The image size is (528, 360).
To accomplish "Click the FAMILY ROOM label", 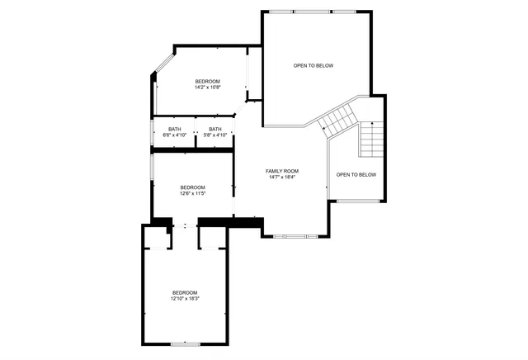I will click(281, 171).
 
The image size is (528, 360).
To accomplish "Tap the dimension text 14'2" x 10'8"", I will click(207, 87).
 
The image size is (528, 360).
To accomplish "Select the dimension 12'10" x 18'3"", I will click(185, 298).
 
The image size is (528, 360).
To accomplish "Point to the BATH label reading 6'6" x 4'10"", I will click(174, 130).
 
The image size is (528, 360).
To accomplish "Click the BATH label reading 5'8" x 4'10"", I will click(214, 130).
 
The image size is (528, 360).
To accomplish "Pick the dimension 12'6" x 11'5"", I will click(192, 193).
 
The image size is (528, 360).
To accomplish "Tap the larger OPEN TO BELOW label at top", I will click(313, 65).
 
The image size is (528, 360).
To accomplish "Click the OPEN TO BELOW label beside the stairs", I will click(356, 174).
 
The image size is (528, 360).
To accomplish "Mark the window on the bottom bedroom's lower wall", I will click(185, 343).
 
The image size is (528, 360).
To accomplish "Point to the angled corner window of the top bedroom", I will click(163, 66).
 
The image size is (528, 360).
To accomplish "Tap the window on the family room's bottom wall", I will click(295, 237).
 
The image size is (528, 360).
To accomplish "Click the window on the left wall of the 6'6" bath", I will click(153, 132).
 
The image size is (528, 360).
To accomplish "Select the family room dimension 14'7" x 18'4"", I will click(281, 177).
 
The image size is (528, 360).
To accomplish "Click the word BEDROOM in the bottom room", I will click(185, 292).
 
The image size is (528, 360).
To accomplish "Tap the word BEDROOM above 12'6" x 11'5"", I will click(192, 187).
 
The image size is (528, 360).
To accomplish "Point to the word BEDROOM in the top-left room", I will click(207, 81).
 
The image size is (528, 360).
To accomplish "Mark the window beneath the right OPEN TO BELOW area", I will click(356, 201).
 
